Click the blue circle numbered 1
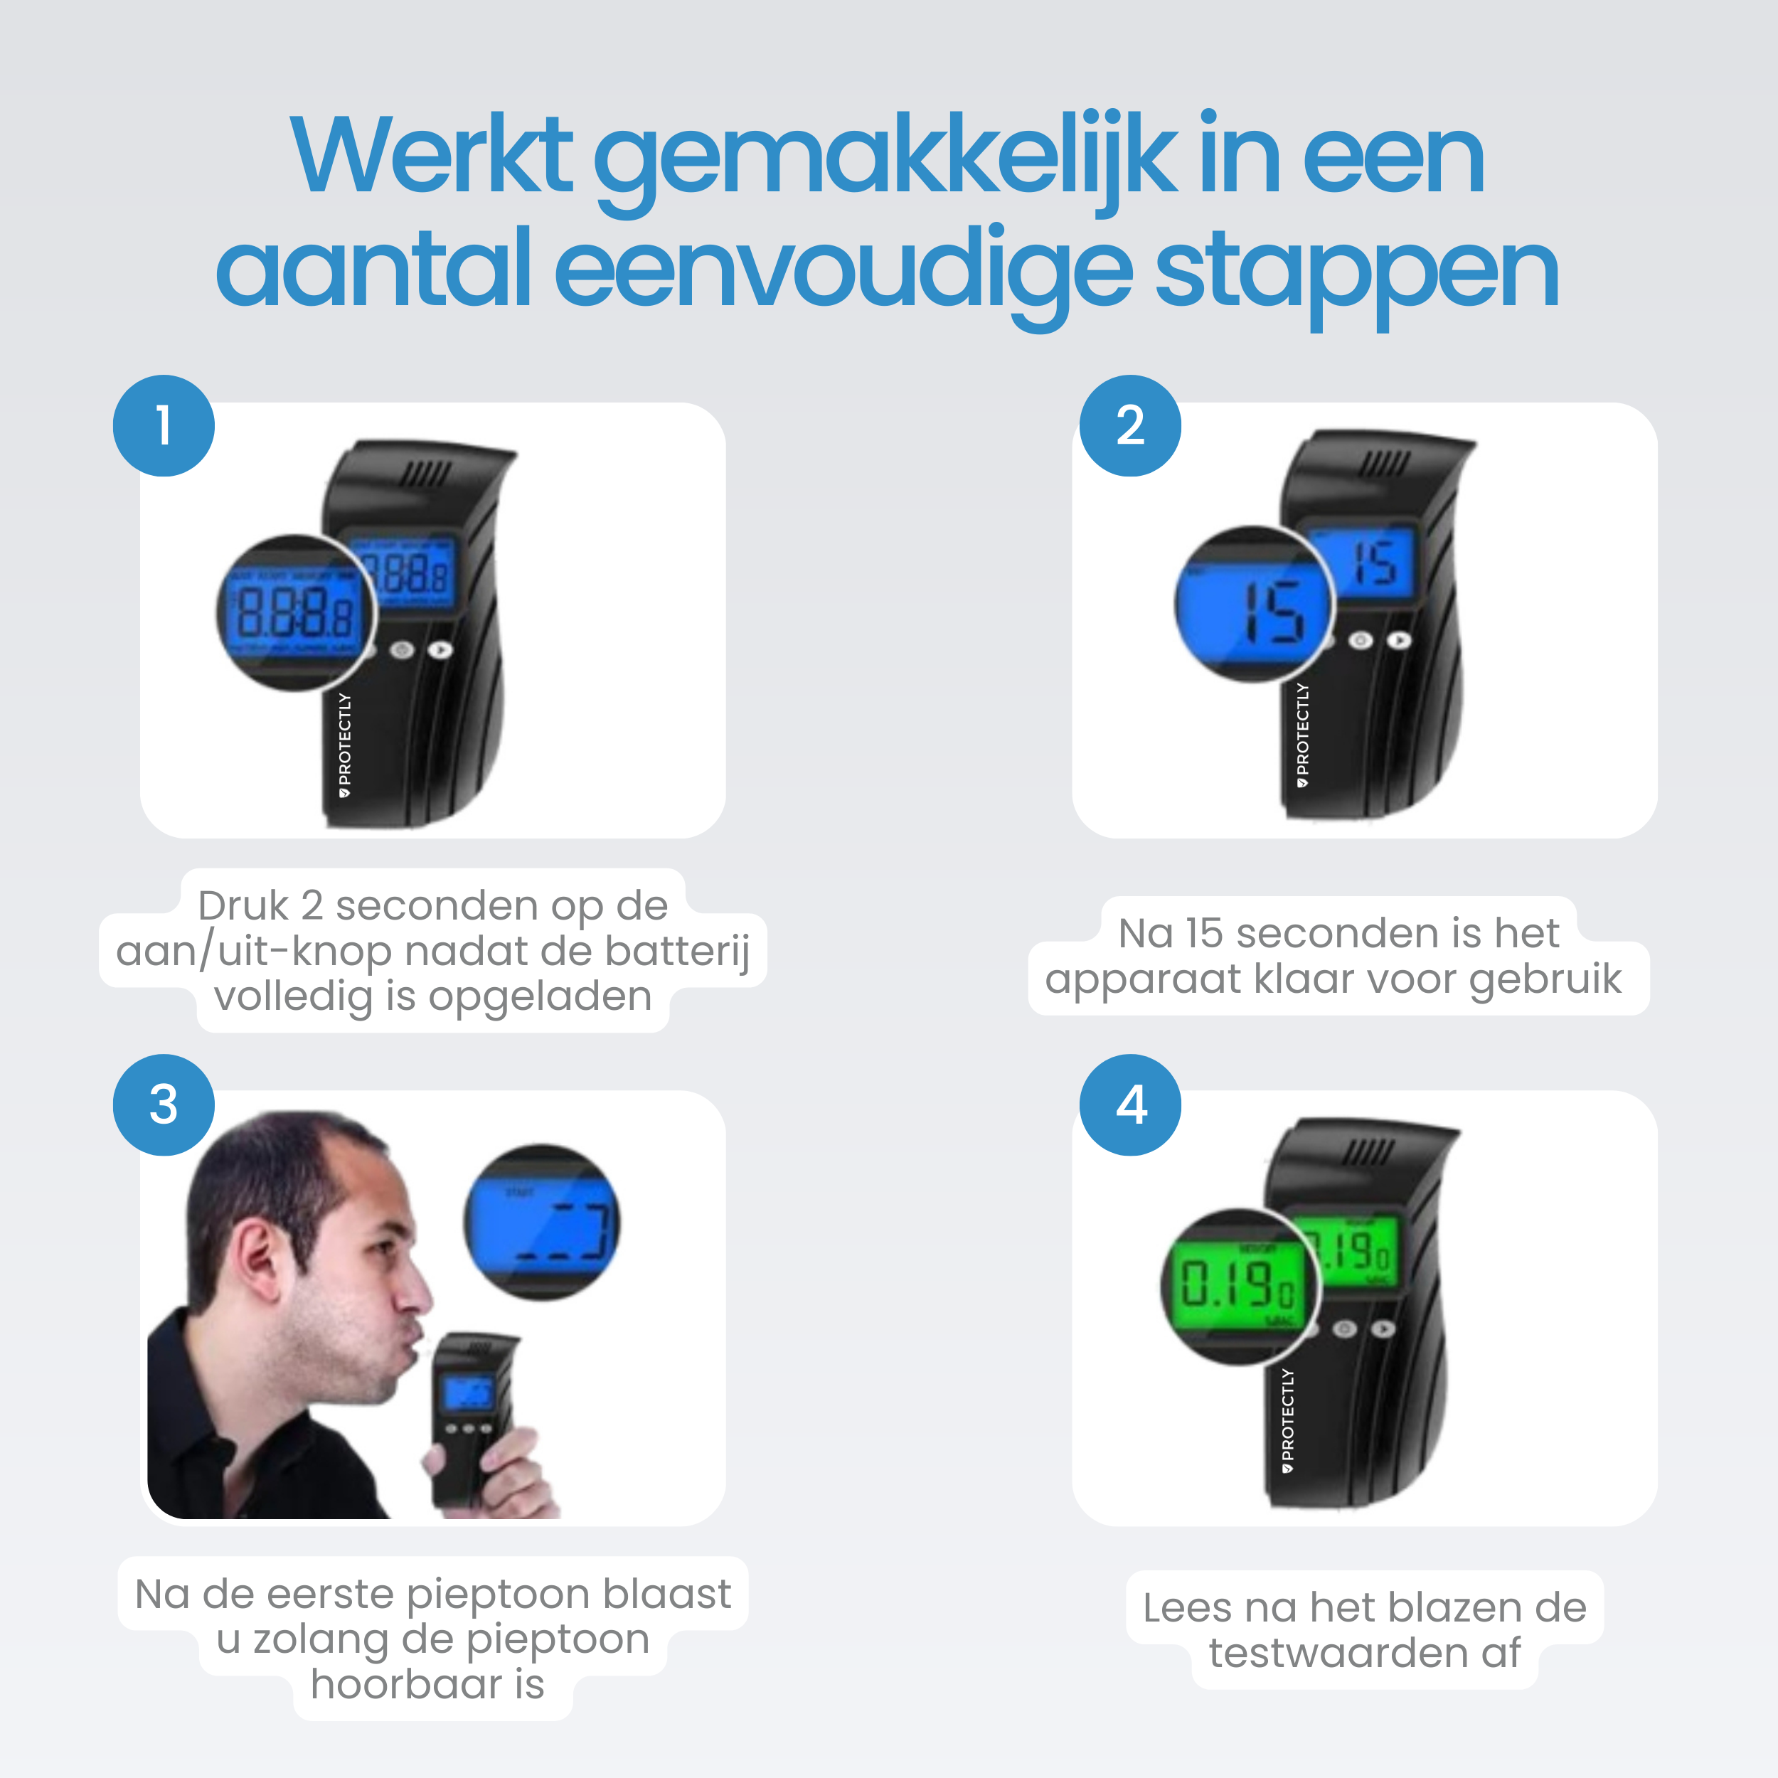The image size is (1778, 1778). click(164, 425)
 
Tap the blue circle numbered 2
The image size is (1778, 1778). click(1130, 425)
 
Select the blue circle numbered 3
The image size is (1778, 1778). click(164, 1104)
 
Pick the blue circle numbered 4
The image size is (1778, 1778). click(1130, 1104)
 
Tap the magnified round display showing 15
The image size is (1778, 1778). click(1253, 605)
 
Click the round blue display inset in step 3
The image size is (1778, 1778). click(542, 1222)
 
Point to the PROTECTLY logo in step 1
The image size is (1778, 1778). click(344, 745)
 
